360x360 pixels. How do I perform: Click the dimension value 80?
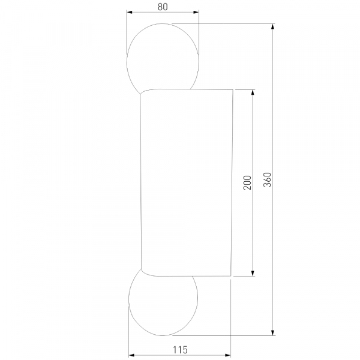tap(163, 7)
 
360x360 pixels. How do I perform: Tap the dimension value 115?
tap(180, 350)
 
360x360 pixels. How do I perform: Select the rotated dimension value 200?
tap(247, 182)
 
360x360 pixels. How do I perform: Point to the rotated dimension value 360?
tap(267, 179)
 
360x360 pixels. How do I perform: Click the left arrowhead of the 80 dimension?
tap(130, 12)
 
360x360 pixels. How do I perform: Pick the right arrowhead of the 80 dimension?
tap(196, 12)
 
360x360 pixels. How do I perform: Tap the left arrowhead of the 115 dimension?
tap(131, 355)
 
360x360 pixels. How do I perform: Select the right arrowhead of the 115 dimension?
tap(228, 355)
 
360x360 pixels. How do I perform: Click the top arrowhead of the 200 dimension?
tap(253, 92)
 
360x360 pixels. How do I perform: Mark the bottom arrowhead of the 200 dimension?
tap(253, 273)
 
